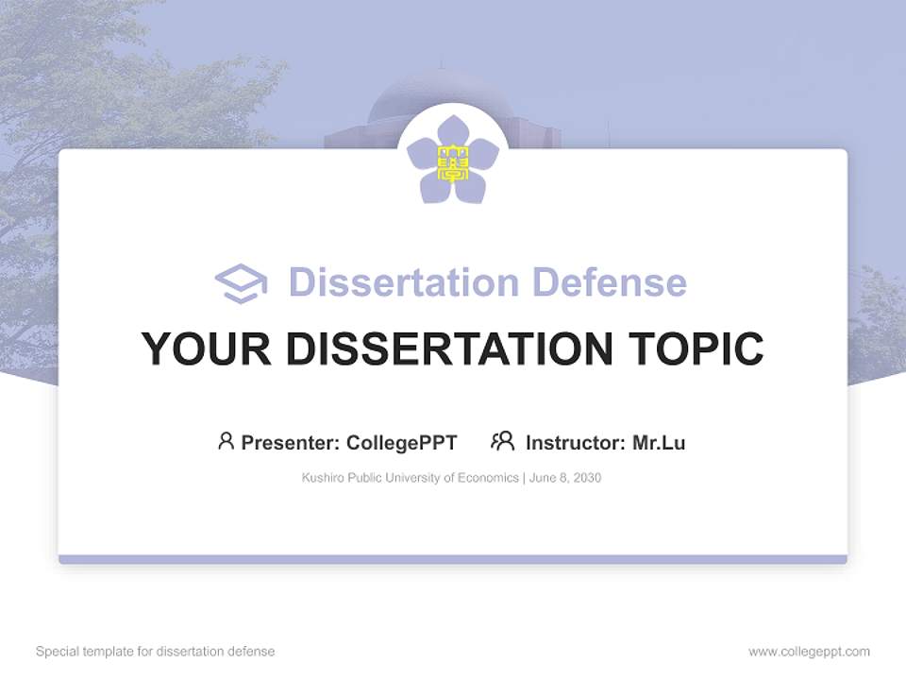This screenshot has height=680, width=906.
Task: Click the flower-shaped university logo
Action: (x=453, y=160)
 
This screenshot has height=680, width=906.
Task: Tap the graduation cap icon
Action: (x=241, y=283)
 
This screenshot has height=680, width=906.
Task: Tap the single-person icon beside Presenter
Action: (x=226, y=441)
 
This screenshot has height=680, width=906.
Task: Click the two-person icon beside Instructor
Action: (x=502, y=441)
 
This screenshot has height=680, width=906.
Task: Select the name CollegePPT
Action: (x=402, y=442)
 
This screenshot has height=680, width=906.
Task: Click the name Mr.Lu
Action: (x=659, y=442)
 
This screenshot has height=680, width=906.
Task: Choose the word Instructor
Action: (x=575, y=442)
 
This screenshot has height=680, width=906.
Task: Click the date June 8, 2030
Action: (x=565, y=478)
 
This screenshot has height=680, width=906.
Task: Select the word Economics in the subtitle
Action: (x=489, y=478)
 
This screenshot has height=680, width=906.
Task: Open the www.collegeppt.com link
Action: (x=809, y=652)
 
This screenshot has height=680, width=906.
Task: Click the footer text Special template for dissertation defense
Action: (x=155, y=652)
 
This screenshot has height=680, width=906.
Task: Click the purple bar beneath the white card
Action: (x=453, y=559)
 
